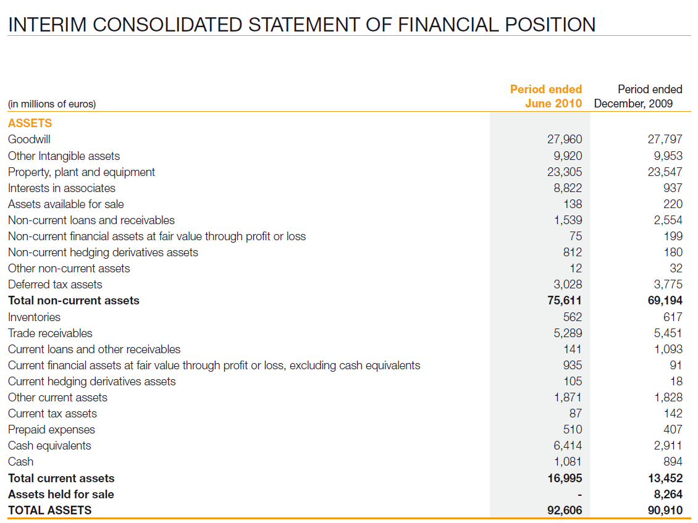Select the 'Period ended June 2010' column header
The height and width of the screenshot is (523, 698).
pos(546,96)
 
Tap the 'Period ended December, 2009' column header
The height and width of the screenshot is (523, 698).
pos(638,96)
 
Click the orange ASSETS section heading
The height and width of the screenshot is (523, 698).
pos(30,123)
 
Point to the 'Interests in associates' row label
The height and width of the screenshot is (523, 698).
pos(62,188)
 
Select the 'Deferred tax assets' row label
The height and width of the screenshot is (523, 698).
pos(55,284)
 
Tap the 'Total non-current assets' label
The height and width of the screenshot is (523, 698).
pos(74,301)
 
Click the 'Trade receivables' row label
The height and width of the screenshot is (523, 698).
pos(50,333)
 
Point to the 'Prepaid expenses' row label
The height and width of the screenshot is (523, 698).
pos(51,429)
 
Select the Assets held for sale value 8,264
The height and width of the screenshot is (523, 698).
pos(668,494)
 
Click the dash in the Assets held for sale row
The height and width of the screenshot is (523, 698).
pos(579,495)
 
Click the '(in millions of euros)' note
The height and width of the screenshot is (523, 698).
pos(52,104)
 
